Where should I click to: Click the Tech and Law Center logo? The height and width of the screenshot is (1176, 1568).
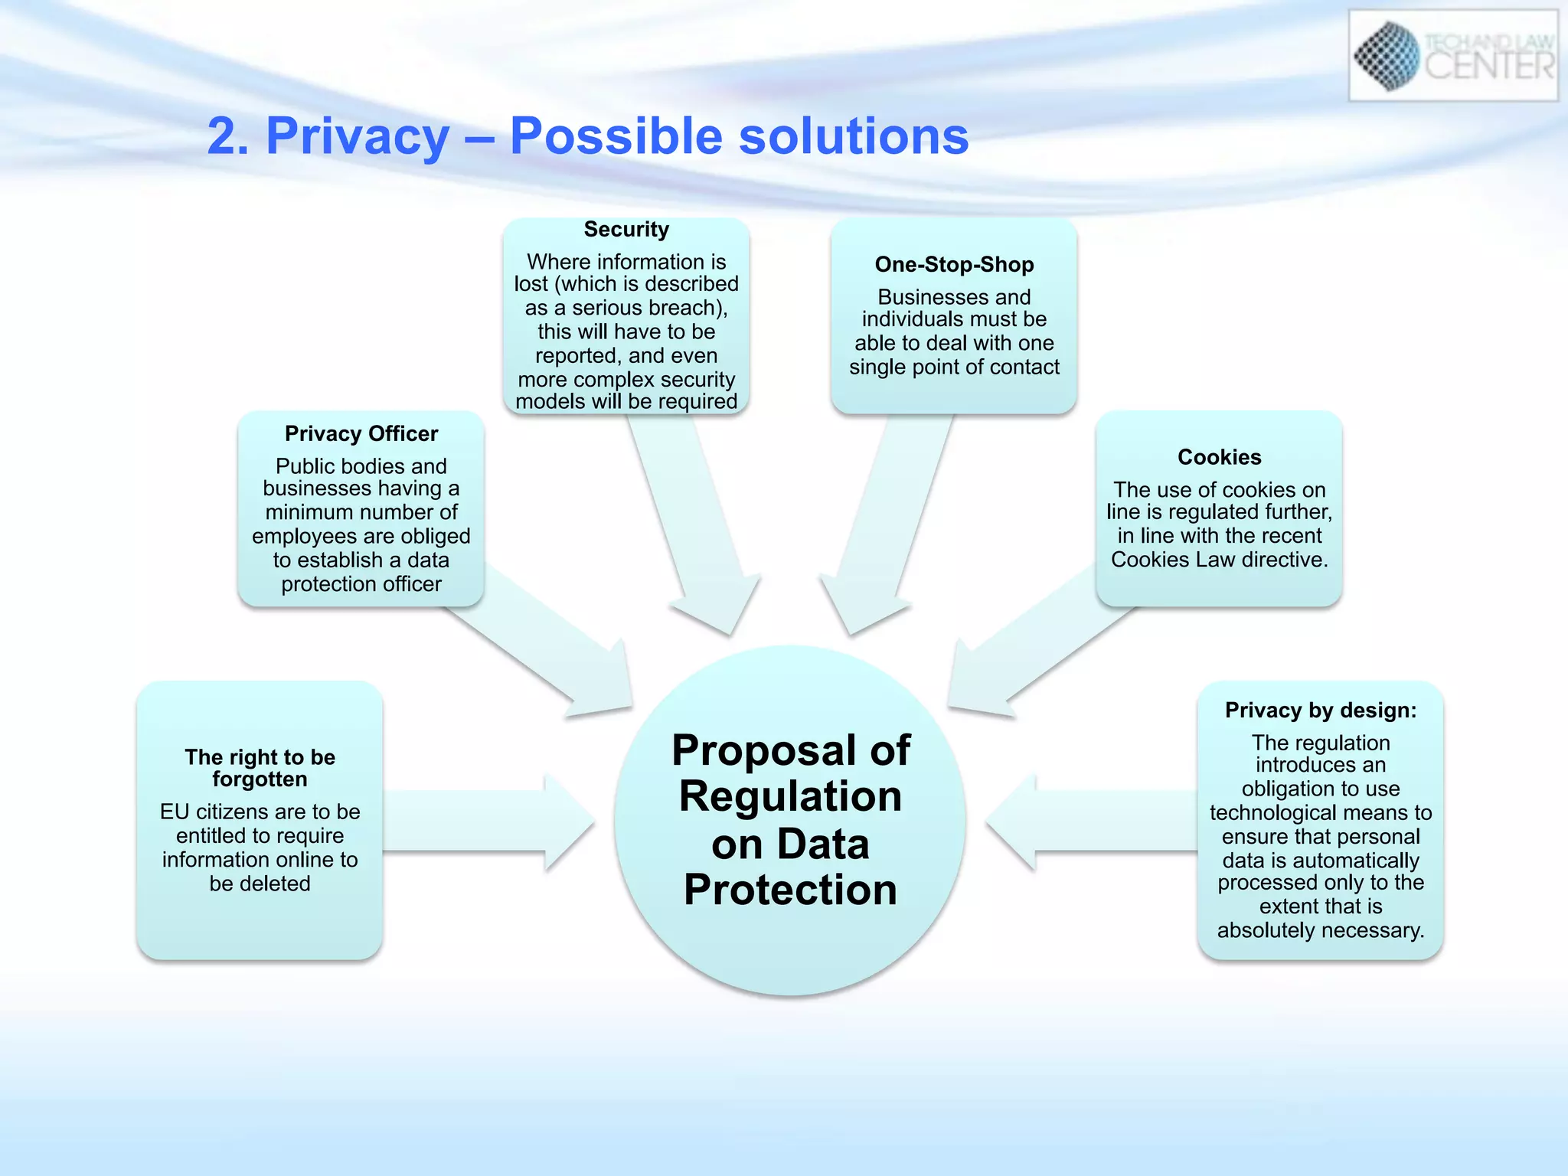click(1452, 55)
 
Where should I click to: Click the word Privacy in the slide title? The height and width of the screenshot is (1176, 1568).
click(357, 137)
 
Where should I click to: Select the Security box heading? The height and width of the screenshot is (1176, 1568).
click(626, 230)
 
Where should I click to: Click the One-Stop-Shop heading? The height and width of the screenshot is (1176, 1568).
click(954, 265)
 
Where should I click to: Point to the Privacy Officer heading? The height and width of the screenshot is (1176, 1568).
click(361, 434)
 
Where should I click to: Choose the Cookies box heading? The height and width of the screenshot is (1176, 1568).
click(1219, 457)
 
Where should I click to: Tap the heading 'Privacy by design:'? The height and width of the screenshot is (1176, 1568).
click(1321, 710)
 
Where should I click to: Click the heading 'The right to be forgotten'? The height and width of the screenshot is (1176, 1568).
click(260, 768)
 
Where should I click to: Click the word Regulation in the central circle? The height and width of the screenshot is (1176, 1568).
click(790, 797)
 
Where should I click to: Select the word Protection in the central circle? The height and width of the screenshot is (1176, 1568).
click(790, 890)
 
